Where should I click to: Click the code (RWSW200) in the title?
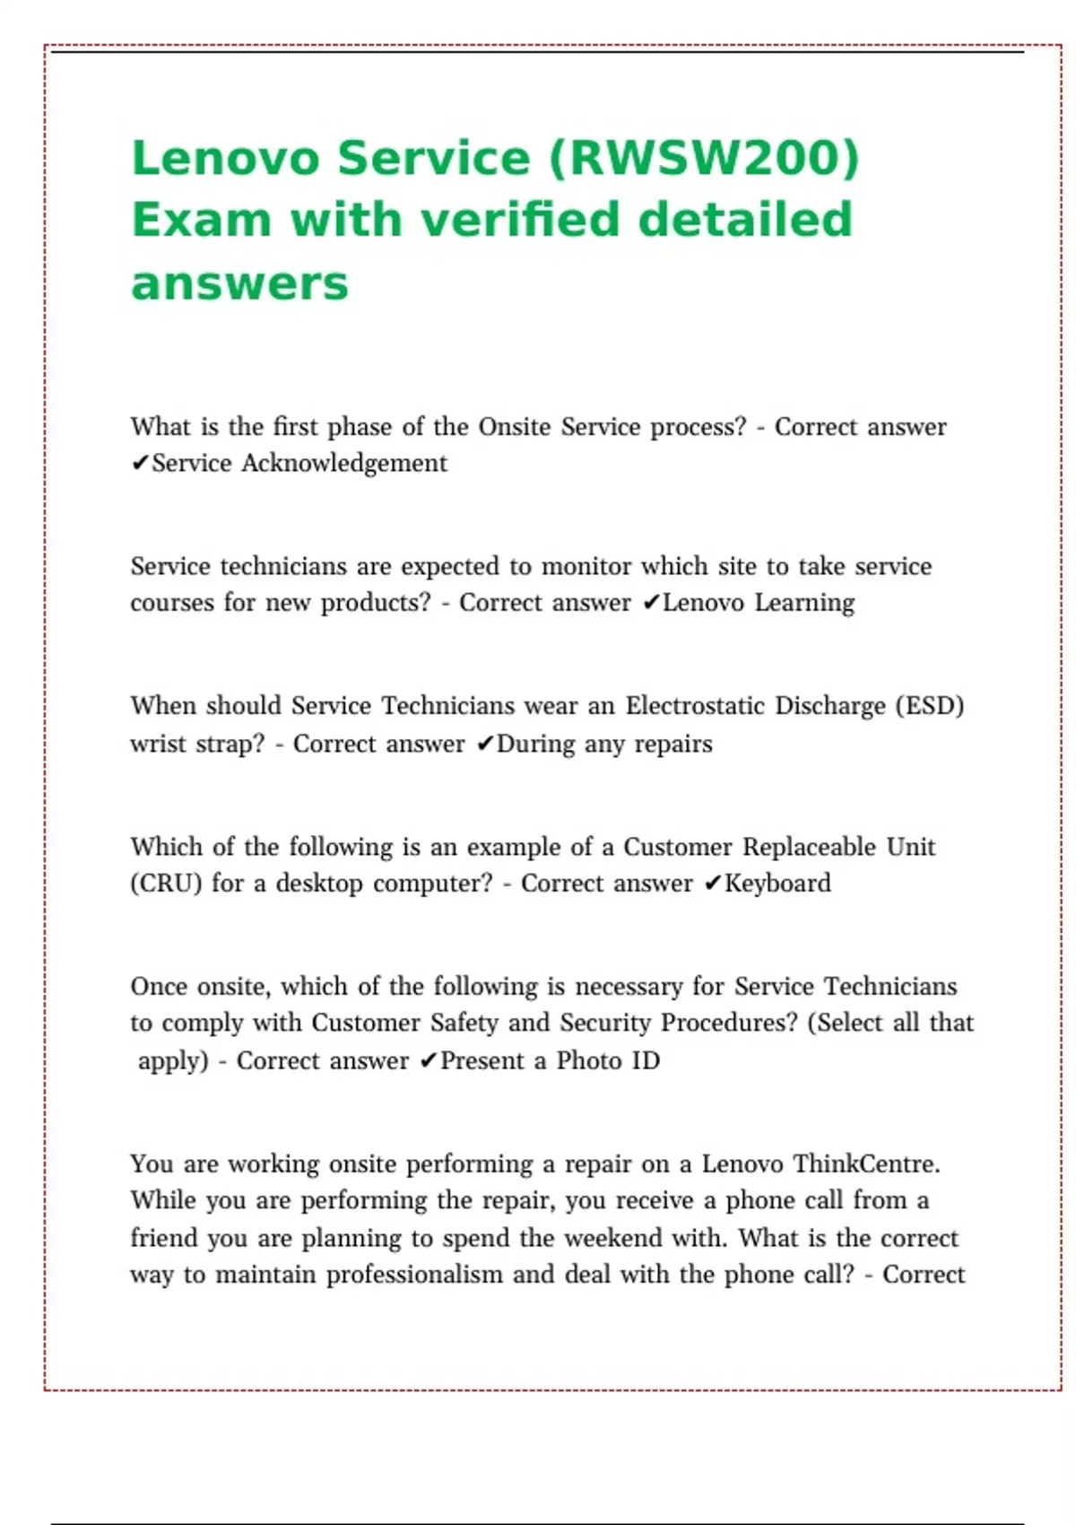pyautogui.click(x=704, y=158)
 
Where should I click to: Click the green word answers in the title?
pyautogui.click(x=239, y=283)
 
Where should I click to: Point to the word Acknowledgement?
pyautogui.click(x=343, y=463)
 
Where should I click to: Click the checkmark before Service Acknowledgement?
pyautogui.click(x=140, y=464)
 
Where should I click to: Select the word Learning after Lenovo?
pyautogui.click(x=804, y=603)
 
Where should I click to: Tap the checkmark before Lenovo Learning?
pyautogui.click(x=651, y=603)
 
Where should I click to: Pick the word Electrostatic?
pyautogui.click(x=695, y=706)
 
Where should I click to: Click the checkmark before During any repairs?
pyautogui.click(x=485, y=745)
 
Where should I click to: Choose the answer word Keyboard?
pyautogui.click(x=777, y=884)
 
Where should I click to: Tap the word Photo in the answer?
pyautogui.click(x=588, y=1061)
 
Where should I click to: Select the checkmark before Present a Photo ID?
pyautogui.click(x=429, y=1061)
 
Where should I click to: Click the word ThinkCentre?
pyautogui.click(x=866, y=1164)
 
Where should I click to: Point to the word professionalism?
pyautogui.click(x=414, y=1275)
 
